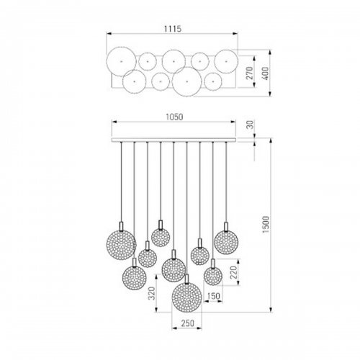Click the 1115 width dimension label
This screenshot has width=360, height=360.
click(x=173, y=29)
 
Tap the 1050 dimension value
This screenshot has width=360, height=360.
click(x=174, y=117)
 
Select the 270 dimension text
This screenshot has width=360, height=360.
click(x=249, y=73)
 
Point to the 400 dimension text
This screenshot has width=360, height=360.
click(x=266, y=73)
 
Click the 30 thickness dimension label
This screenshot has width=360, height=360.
click(x=250, y=125)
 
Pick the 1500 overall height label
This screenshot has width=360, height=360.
click(x=266, y=225)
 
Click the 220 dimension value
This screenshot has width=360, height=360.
click(x=233, y=272)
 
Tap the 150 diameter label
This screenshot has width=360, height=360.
click(x=213, y=296)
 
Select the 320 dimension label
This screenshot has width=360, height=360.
click(x=151, y=293)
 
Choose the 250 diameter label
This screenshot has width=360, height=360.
click(x=187, y=323)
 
